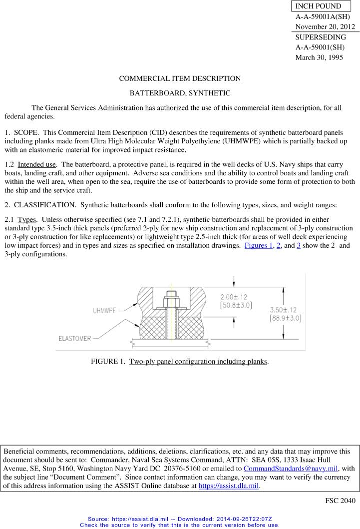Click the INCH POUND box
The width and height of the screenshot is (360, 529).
coord(319,6)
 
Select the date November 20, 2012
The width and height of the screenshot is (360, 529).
coord(325,27)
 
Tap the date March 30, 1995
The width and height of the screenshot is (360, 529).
coord(316,57)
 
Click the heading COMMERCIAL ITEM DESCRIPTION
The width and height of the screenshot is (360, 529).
coord(180,78)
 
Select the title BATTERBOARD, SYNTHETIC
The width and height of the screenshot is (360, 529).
coord(180,93)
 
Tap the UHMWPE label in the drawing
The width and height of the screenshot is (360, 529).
coord(104,310)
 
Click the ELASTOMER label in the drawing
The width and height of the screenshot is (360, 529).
coord(74,338)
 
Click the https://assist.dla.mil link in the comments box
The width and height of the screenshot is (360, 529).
coord(229,485)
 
